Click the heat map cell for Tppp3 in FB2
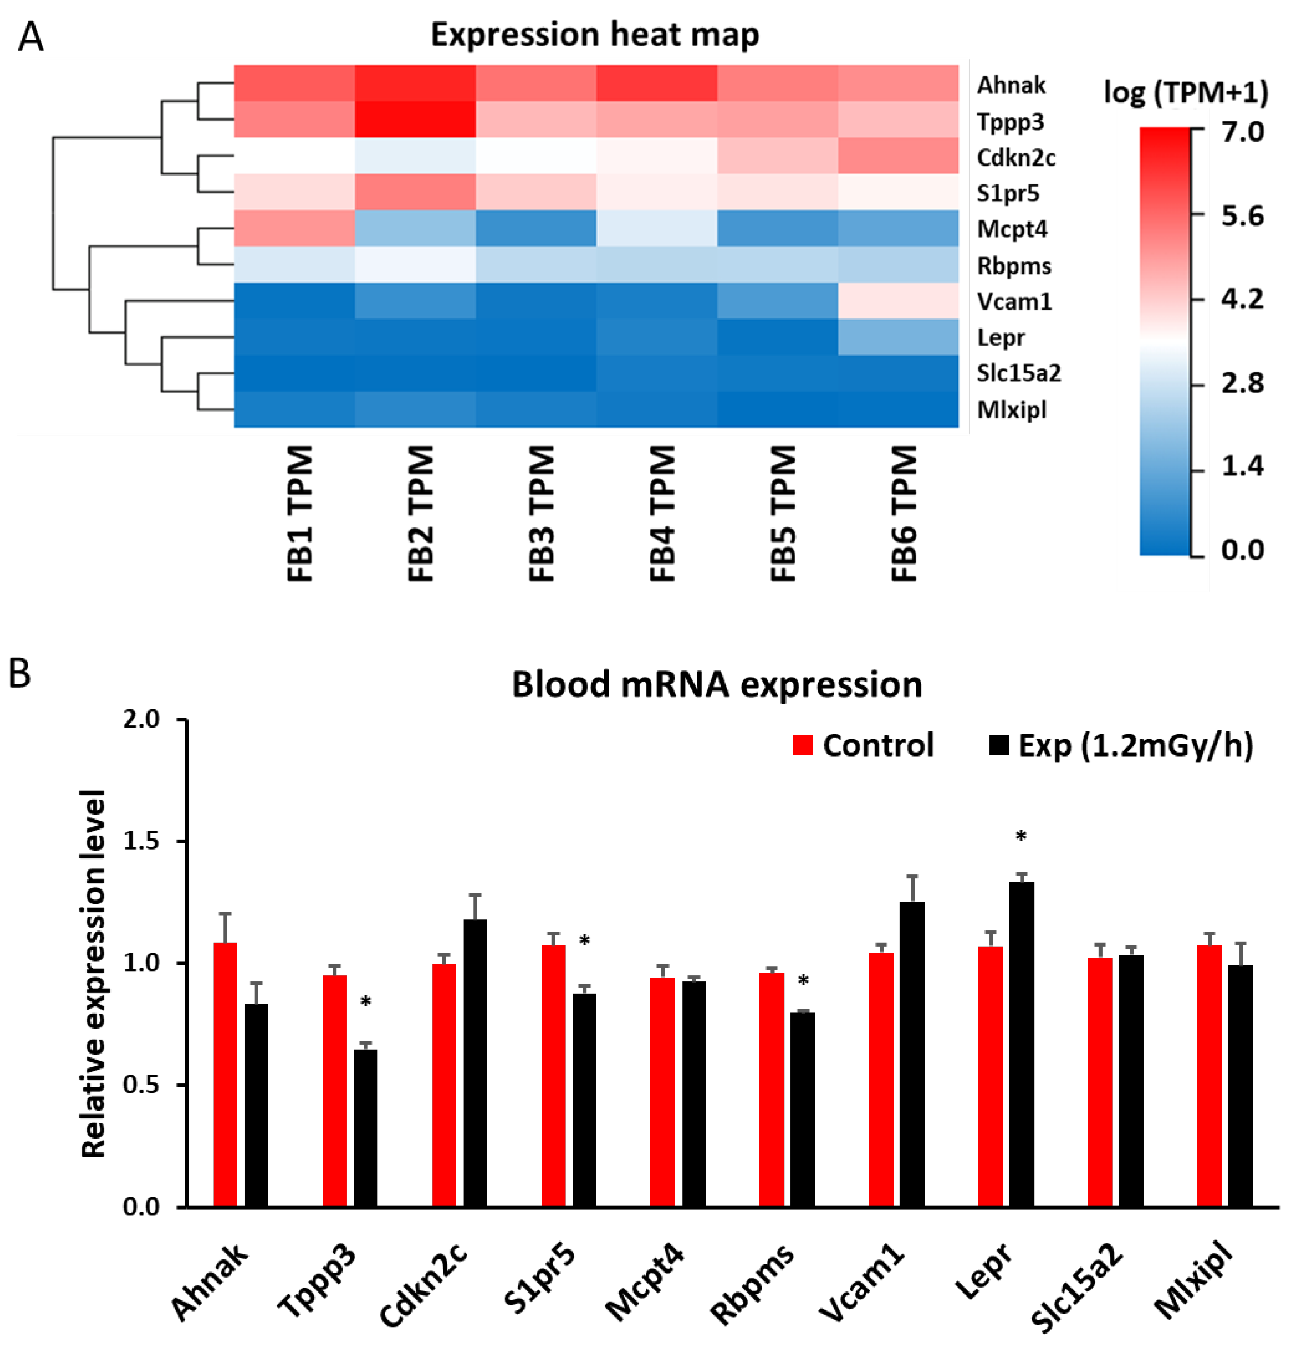pos(415,119)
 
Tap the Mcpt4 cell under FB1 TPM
pos(294,228)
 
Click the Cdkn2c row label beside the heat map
pos(1015,158)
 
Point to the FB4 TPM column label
pos(662,513)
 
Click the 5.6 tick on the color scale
pos(1241,216)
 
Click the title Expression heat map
pos(594,34)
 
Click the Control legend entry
pos(863,745)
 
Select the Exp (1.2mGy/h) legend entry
pos(1121,745)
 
